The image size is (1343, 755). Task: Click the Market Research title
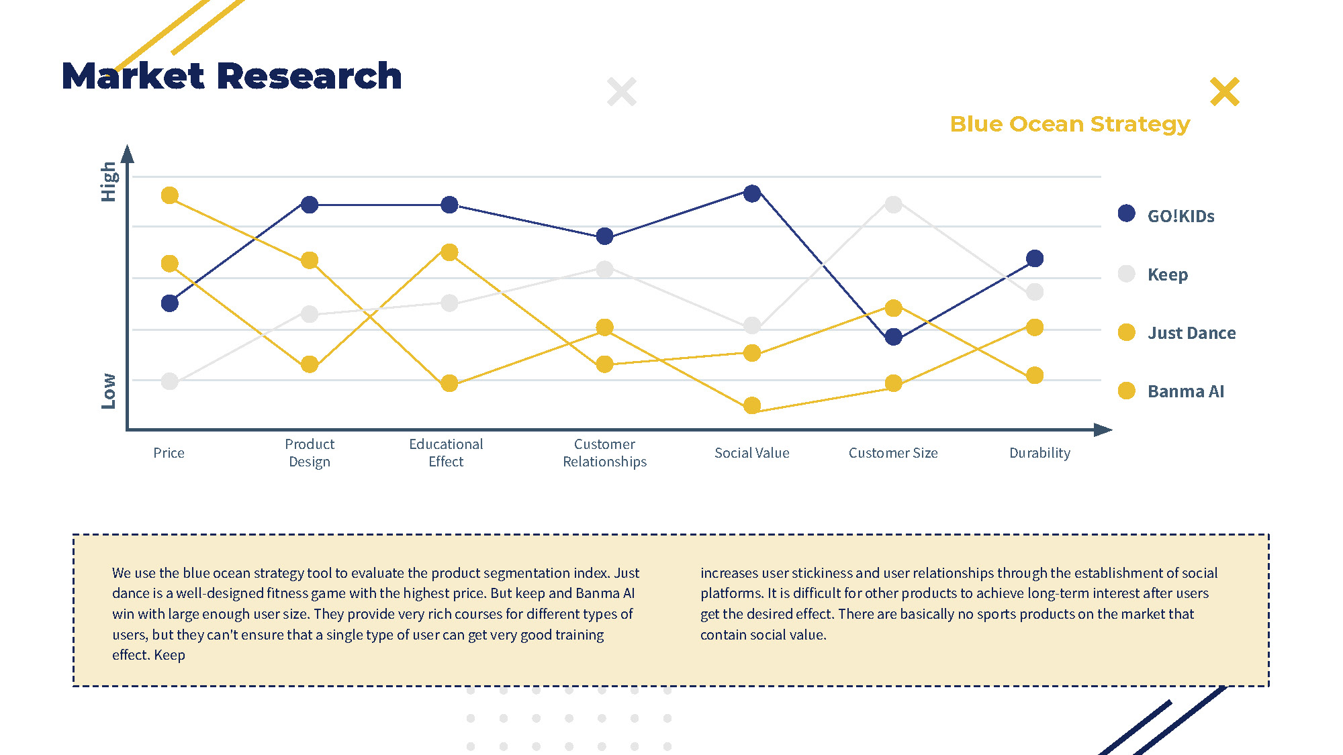pyautogui.click(x=232, y=76)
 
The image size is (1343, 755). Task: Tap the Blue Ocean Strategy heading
pyautogui.click(x=1070, y=124)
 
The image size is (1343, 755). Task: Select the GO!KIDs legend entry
pyautogui.click(x=1180, y=215)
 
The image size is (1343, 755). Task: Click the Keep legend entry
pyautogui.click(x=1167, y=274)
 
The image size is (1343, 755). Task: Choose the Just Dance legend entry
pyautogui.click(x=1191, y=332)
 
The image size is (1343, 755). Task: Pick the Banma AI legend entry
pyautogui.click(x=1185, y=391)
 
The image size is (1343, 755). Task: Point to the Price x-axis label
pyautogui.click(x=169, y=453)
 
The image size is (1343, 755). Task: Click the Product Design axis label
pyautogui.click(x=310, y=453)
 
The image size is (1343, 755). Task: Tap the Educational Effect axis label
pyautogui.click(x=446, y=453)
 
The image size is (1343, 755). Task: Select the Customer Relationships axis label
pyautogui.click(x=604, y=453)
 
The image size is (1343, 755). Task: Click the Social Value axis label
pyautogui.click(x=751, y=453)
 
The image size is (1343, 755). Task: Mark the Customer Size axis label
pyautogui.click(x=892, y=453)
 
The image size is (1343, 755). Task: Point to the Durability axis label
pyautogui.click(x=1039, y=453)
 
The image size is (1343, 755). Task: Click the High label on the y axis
pyautogui.click(x=109, y=181)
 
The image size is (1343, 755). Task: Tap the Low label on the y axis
pyautogui.click(x=109, y=391)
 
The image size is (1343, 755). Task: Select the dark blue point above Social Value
pyautogui.click(x=752, y=193)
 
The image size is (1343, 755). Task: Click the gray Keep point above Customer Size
pyautogui.click(x=893, y=204)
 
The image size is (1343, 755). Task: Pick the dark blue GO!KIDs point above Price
pyautogui.click(x=170, y=303)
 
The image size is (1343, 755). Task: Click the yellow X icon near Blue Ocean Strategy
pyautogui.click(x=1224, y=92)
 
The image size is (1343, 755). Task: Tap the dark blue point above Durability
pyautogui.click(x=1035, y=258)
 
